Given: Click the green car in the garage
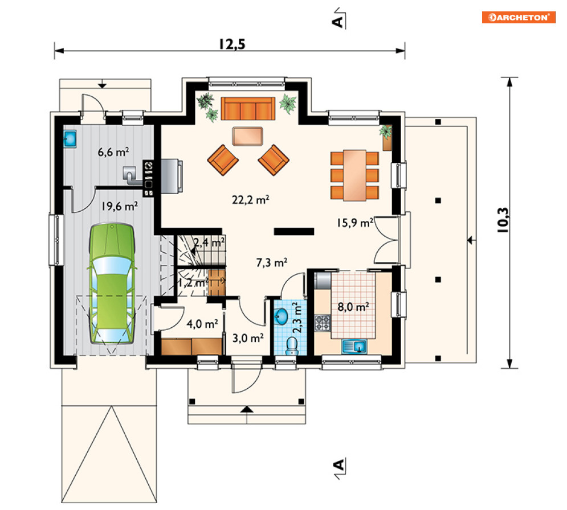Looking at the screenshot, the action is (x=112, y=284).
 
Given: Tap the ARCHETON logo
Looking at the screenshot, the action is (x=519, y=17).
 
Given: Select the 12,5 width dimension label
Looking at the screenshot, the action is (x=232, y=44).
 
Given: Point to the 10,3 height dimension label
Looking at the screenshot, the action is (x=503, y=220).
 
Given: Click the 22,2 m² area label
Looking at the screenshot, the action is (x=251, y=200).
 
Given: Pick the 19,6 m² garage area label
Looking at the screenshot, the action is (x=119, y=206).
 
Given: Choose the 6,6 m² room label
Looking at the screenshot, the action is (x=113, y=152).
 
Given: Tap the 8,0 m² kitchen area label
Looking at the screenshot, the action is (x=353, y=307).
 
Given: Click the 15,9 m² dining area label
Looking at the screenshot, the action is (x=355, y=223).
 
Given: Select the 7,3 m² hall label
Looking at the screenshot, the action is (x=272, y=262).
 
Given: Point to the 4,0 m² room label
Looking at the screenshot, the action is (x=202, y=324).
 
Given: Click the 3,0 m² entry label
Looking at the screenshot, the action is (x=248, y=339).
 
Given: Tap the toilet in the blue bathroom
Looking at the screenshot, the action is (x=291, y=346).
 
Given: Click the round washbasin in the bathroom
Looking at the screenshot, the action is (x=281, y=317).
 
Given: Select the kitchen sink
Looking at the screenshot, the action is (x=354, y=347).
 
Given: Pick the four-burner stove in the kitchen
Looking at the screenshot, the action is (x=323, y=323).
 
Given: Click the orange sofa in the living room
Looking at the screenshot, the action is (x=248, y=108).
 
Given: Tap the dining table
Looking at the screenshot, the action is (x=354, y=175).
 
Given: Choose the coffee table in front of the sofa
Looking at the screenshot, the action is (x=248, y=136).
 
